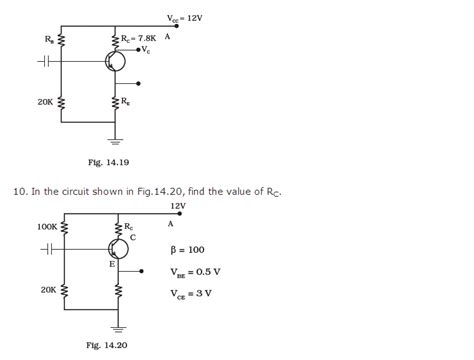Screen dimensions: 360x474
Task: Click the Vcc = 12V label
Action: tap(189, 18)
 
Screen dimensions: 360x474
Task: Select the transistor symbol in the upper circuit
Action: tap(113, 62)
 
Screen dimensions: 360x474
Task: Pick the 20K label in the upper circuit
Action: tap(46, 102)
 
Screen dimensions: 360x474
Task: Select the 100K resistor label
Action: tap(47, 227)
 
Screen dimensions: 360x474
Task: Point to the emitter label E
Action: tap(112, 266)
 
